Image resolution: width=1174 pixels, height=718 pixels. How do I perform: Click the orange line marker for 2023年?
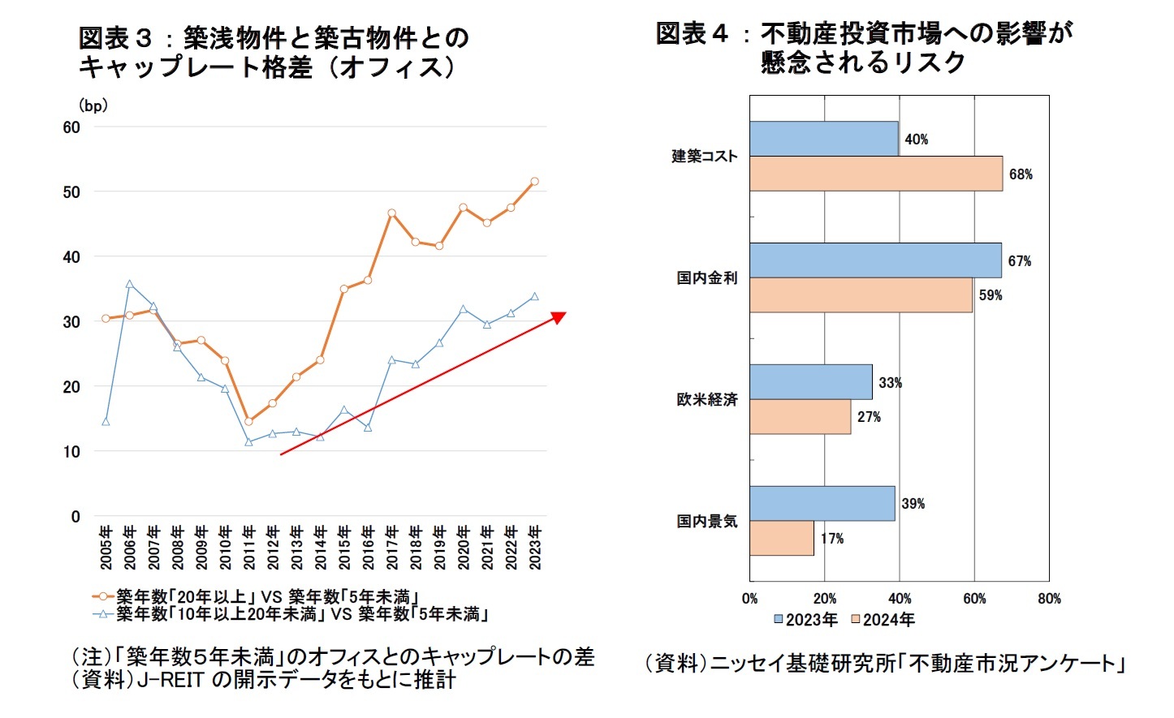[534, 182]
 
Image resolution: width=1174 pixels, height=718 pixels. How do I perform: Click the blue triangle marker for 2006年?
[130, 284]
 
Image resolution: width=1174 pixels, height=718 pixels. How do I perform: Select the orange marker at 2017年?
[391, 213]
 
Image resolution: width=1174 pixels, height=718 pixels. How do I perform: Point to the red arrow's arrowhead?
[559, 316]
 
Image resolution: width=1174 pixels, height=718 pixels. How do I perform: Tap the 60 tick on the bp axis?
[72, 127]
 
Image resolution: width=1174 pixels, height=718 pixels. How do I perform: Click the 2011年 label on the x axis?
[249, 547]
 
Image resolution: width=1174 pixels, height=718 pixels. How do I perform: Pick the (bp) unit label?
[93, 106]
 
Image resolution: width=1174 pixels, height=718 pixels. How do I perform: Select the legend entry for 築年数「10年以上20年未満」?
[300, 614]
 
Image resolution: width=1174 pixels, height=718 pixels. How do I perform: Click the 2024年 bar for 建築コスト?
[875, 174]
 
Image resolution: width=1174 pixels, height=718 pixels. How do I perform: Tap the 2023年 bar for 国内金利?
[875, 260]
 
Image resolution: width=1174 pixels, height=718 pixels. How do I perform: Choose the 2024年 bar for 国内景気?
[781, 538]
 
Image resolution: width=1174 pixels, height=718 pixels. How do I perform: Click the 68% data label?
[1021, 174]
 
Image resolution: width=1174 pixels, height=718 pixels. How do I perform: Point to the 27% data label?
[869, 417]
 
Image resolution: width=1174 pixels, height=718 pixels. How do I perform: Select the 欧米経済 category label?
[707, 399]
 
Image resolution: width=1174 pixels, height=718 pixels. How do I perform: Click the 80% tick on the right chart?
[1049, 599]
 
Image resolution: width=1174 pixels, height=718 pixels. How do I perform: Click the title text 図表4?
[692, 33]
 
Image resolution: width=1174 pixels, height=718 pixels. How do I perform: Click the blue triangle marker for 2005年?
[106, 421]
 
